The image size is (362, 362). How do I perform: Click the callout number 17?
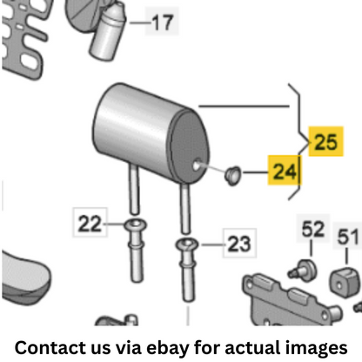pyautogui.click(x=162, y=23)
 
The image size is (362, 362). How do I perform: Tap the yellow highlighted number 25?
pyautogui.click(x=325, y=142)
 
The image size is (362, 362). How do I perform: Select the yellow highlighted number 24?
pyautogui.click(x=285, y=171)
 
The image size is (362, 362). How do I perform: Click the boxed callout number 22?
pyautogui.click(x=90, y=224)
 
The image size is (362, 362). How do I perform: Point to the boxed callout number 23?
pyautogui.click(x=239, y=244)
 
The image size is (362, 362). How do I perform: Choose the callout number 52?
pyautogui.click(x=312, y=229)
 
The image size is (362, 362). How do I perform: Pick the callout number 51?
pyautogui.click(x=348, y=237)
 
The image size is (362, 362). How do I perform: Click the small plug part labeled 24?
pyautogui.click(x=232, y=175)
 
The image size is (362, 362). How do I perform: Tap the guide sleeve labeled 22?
pyautogui.click(x=136, y=250)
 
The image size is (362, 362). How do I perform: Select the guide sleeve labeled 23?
pyautogui.click(x=187, y=268)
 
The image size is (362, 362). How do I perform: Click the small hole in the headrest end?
pyautogui.click(x=197, y=165)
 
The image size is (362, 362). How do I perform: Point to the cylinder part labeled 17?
pyautogui.click(x=107, y=32)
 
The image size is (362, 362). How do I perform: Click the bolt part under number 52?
pyautogui.click(x=303, y=270)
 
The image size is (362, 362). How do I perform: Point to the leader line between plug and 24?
pyautogui.click(x=256, y=172)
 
